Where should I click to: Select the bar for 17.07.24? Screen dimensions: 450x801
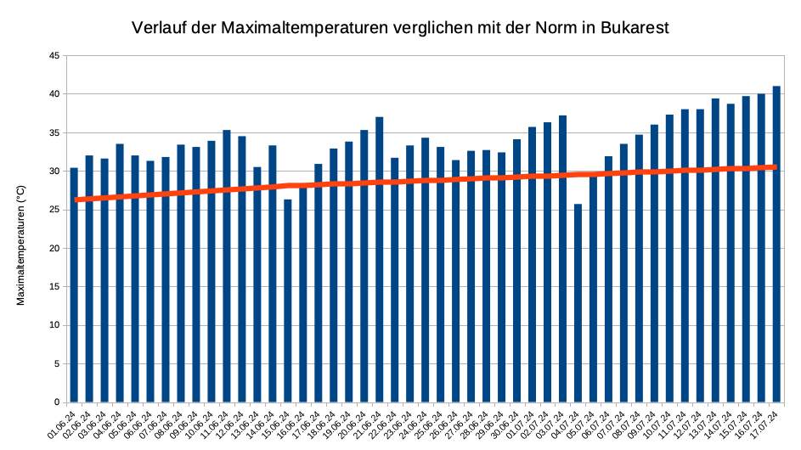coord(776,246)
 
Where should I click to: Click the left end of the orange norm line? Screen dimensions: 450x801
coord(76,200)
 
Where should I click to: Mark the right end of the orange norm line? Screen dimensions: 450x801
coord(776,167)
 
